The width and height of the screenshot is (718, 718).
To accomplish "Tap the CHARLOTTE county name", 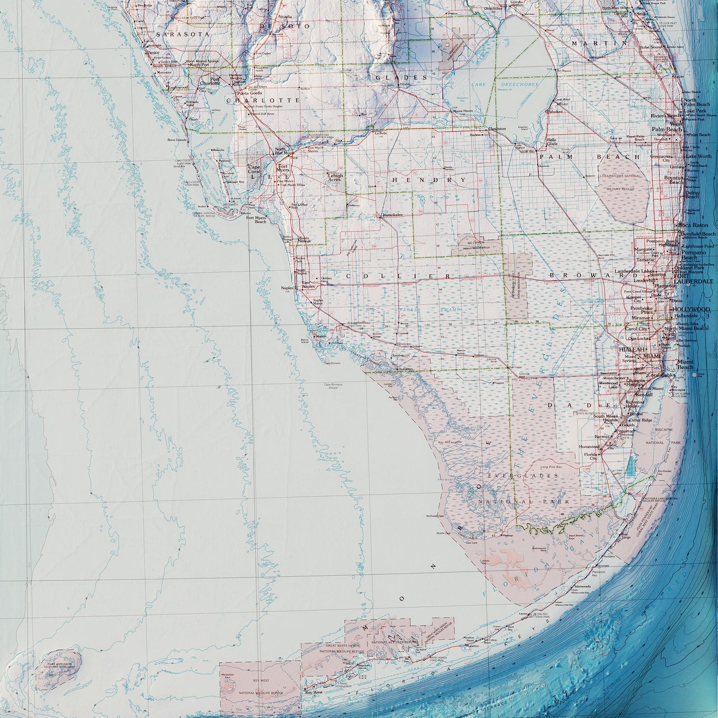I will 263,100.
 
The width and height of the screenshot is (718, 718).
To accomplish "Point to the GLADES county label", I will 401,78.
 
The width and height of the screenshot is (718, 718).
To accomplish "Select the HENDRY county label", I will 429,179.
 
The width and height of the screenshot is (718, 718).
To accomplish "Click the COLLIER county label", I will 399,276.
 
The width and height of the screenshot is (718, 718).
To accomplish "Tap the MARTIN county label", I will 599,44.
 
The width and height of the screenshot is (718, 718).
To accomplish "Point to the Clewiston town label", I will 497,129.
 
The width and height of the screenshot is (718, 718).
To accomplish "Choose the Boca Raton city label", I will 693,225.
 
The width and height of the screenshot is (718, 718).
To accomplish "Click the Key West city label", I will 314,692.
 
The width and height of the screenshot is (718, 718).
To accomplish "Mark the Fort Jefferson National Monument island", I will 59,669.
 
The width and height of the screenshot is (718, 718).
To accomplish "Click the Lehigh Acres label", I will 335,177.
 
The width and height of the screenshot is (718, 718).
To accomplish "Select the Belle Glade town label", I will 552,143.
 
